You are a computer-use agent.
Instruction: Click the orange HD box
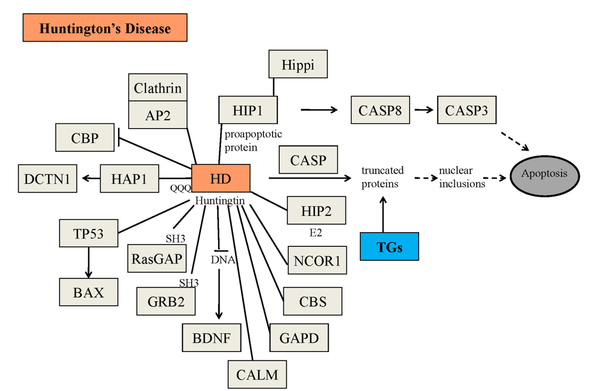(221, 178)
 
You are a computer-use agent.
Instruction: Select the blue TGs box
(389, 246)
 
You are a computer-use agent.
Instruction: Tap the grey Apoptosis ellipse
(544, 174)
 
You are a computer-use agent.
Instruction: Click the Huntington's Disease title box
(105, 28)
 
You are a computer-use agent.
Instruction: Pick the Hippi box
(298, 65)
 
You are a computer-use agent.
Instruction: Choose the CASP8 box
(380, 110)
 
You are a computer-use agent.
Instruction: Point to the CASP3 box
(466, 110)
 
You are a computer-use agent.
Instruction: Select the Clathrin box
(158, 88)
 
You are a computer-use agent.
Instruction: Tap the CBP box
(85, 138)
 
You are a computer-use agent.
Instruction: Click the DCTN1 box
(47, 178)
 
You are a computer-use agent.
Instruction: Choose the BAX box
(88, 292)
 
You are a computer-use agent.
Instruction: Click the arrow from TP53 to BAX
(89, 262)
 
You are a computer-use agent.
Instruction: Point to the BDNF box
(212, 337)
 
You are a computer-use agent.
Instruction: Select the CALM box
(257, 375)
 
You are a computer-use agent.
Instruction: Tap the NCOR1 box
(317, 260)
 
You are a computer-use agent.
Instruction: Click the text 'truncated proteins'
(382, 177)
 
